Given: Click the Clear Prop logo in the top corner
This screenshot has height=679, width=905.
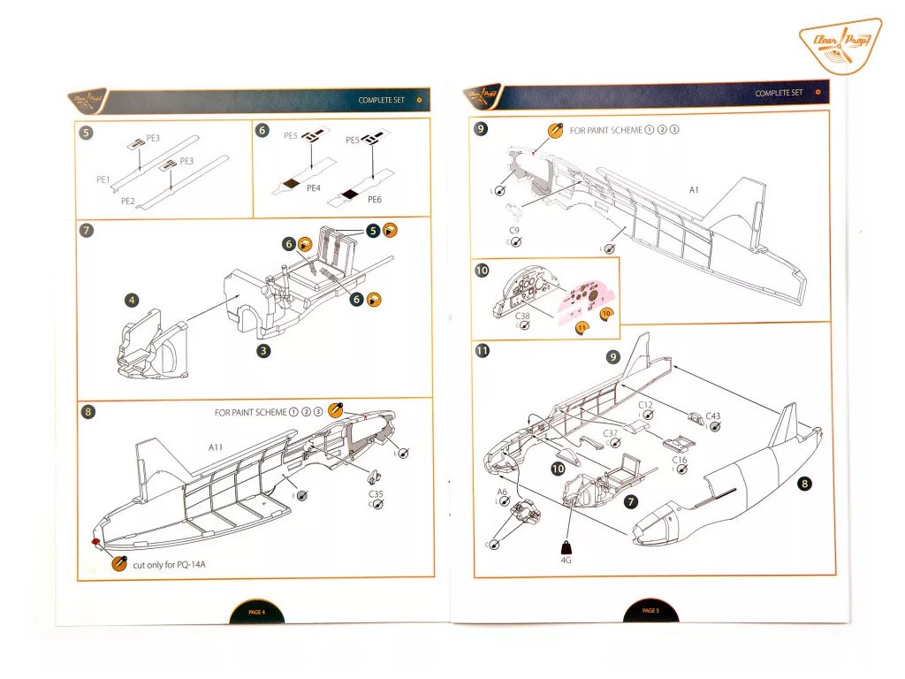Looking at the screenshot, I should (x=839, y=43).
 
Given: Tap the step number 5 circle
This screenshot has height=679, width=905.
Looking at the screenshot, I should (x=86, y=133).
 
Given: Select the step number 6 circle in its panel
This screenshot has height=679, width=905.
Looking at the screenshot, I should (x=262, y=130).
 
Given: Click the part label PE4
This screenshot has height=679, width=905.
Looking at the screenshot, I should (x=313, y=187).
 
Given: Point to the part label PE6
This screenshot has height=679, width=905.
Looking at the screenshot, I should (x=375, y=200).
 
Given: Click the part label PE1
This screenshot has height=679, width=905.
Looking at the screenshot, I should (x=103, y=179).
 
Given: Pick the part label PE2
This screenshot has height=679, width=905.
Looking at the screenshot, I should (x=127, y=201).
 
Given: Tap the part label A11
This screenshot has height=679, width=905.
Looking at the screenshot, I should (x=216, y=447).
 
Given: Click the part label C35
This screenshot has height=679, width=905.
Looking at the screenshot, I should (x=376, y=493).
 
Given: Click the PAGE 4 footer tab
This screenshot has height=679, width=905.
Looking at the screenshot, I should (x=256, y=611).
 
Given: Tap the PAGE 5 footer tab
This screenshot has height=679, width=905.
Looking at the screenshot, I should (x=650, y=610).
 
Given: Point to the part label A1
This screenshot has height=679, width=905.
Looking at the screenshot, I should (x=695, y=189).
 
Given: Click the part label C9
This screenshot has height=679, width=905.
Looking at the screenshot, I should (x=513, y=229).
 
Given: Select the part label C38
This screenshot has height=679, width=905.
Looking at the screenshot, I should (x=523, y=314).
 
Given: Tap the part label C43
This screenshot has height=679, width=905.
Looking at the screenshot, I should (x=713, y=416).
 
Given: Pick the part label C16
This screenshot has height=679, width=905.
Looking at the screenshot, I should (x=680, y=460).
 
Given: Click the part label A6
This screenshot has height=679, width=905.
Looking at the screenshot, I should (x=501, y=491).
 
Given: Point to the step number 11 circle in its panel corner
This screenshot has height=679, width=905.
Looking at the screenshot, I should (x=483, y=350).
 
